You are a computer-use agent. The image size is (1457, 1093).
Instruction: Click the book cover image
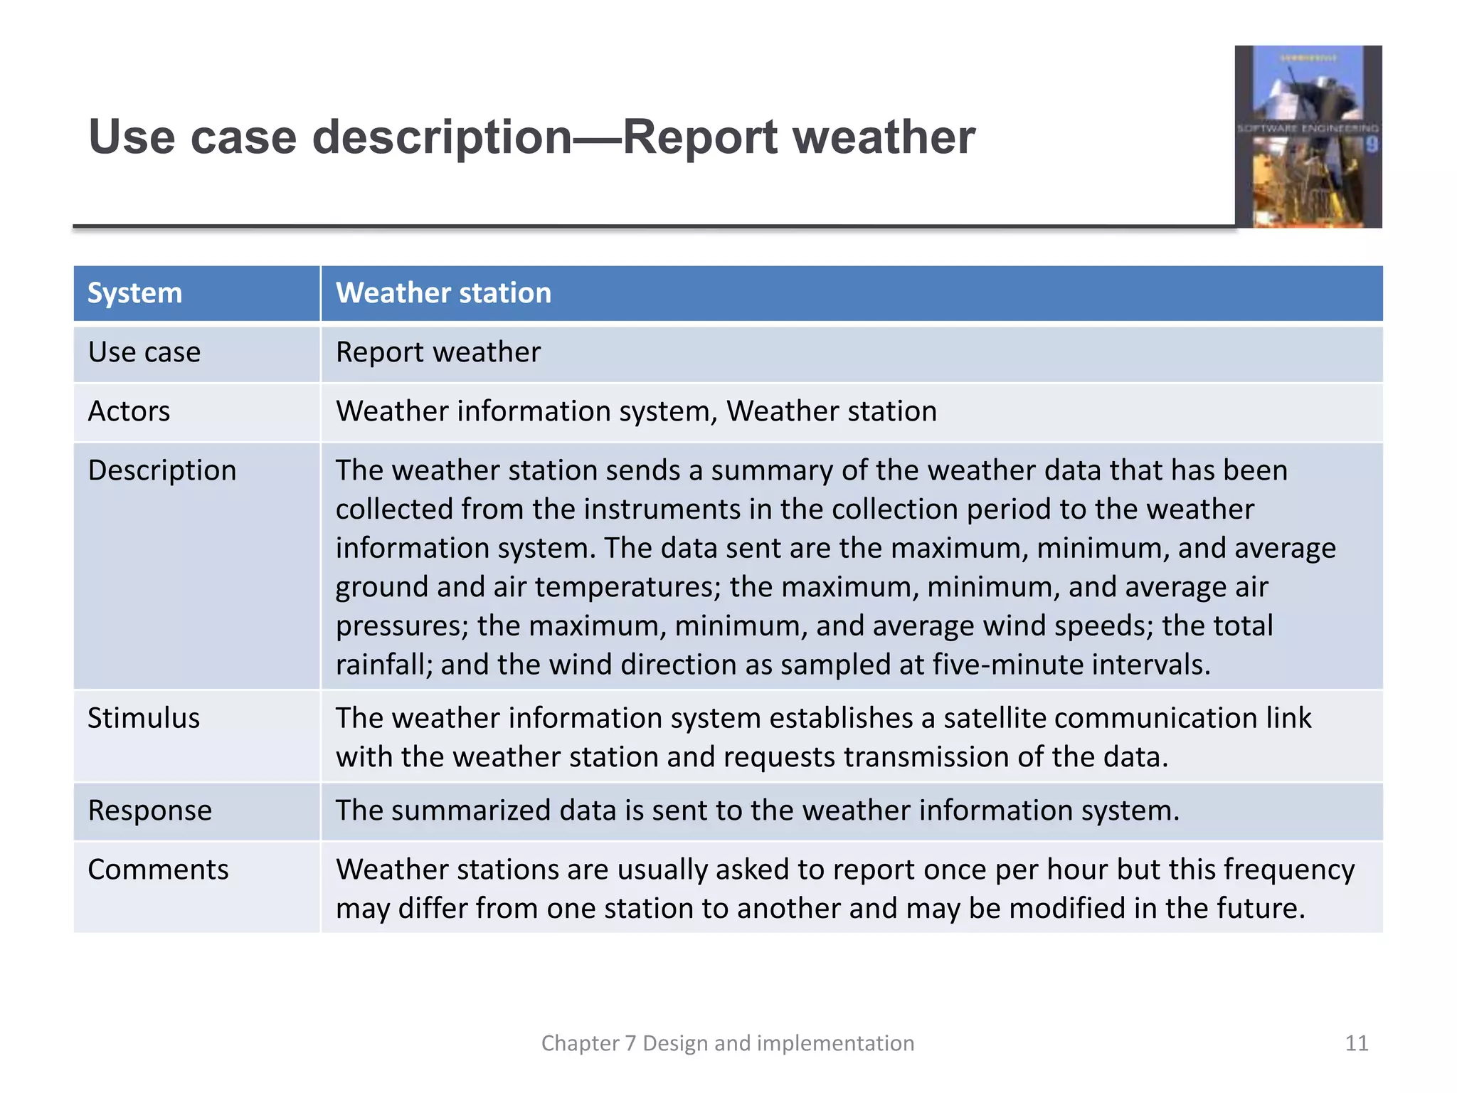[x=1308, y=137]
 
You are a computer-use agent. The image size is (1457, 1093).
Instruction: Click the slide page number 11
[x=1356, y=1043]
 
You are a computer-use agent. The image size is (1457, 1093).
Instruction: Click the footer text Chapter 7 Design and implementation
[x=727, y=1043]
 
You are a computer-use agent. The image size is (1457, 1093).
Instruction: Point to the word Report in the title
[x=699, y=137]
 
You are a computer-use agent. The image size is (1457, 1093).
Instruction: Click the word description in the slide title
[x=441, y=137]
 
